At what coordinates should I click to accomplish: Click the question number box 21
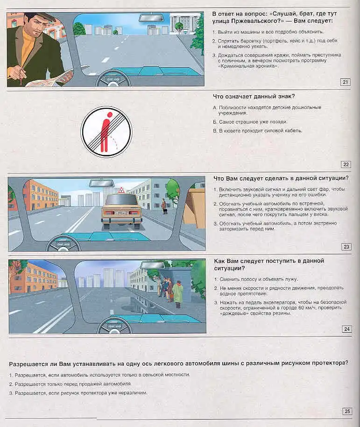tap(346, 83)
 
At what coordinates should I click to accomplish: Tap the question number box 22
tap(346, 164)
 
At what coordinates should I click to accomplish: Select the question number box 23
tap(346, 247)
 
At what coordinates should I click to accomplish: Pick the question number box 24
tap(346, 329)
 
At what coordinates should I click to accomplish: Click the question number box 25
tap(347, 411)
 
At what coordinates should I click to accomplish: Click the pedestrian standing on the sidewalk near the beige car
tap(163, 206)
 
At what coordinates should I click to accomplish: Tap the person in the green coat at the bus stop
tap(177, 294)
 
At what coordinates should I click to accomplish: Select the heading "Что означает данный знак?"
tap(254, 97)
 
